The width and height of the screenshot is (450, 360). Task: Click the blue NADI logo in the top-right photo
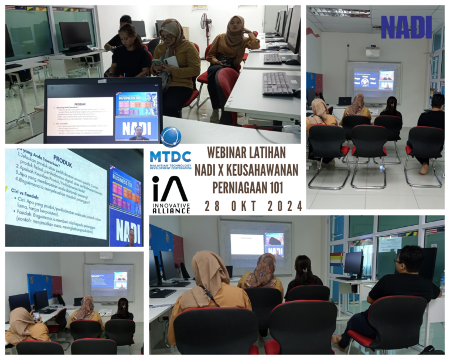(406, 27)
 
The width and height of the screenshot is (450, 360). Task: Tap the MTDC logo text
(171, 157)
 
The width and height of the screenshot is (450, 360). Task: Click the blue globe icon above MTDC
(171, 137)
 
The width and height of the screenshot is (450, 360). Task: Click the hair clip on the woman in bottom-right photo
(304, 270)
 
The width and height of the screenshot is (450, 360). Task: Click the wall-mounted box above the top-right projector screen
(373, 51)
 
